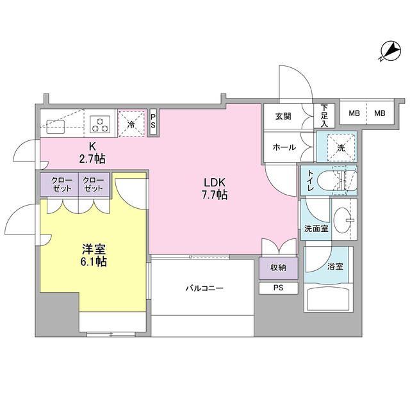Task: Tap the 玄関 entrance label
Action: (283, 116)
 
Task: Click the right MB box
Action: (380, 113)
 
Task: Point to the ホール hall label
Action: (284, 147)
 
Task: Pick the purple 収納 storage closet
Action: (279, 267)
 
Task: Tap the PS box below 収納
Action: (279, 288)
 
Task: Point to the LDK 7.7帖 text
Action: (215, 188)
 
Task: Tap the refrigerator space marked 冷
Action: (131, 122)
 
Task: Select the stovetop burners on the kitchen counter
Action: (101, 122)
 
